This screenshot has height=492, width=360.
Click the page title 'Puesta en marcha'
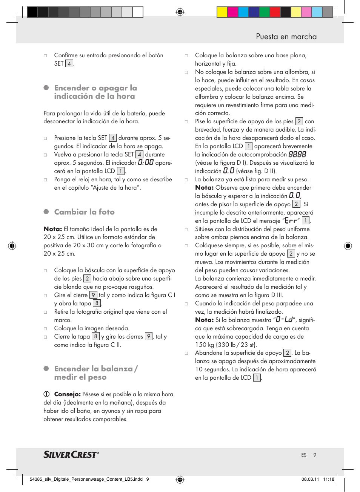pos(286,37)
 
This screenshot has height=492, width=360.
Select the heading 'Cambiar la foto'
pos(84,212)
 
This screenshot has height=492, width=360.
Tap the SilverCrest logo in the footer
pos(71,454)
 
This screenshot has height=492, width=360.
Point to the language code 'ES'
pos(304,455)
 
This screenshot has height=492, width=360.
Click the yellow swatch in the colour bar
pos(222,12)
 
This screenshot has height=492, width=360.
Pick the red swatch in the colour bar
pos(275,12)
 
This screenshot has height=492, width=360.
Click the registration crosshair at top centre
pos(180,12)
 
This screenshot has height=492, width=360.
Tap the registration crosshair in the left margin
pos(12,246)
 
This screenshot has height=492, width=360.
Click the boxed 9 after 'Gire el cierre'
pos(93,295)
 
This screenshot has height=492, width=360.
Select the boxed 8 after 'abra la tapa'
pos(97,303)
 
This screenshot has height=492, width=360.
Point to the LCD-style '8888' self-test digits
pos(297,155)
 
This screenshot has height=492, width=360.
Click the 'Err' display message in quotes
pos(291,221)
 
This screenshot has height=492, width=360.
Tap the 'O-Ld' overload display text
pos(284,320)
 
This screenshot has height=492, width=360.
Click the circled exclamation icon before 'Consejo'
pos(46,394)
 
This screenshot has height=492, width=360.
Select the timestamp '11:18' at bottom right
pos(328,479)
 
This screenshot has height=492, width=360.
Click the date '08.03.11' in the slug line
pos(310,479)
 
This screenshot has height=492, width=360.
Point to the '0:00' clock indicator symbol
pos(146,163)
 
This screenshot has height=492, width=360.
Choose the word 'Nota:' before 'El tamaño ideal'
pos(53,229)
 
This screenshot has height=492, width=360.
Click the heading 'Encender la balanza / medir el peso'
pos(95,373)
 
